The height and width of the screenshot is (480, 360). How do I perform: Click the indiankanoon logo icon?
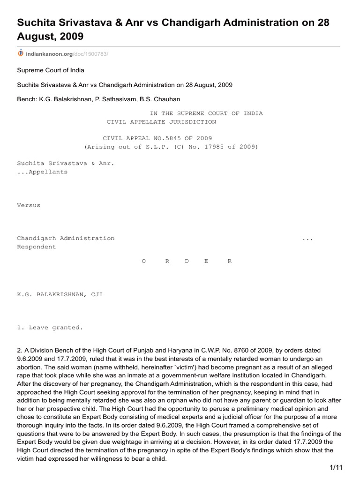click(x=20, y=54)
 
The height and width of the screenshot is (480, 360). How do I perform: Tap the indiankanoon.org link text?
click(x=49, y=54)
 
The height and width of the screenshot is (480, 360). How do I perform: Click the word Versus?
click(x=29, y=205)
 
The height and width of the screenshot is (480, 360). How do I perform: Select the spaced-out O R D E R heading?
click(x=187, y=261)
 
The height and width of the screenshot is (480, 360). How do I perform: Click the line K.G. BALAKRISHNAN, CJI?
click(x=60, y=294)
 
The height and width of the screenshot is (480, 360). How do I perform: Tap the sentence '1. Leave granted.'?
click(x=50, y=328)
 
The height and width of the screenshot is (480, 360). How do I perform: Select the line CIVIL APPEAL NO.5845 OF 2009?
click(x=157, y=138)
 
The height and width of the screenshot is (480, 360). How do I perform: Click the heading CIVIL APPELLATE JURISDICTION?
click(x=161, y=122)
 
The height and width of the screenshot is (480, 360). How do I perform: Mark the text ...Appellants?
click(x=42, y=172)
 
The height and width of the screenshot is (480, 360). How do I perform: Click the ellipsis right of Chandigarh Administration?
click(x=307, y=239)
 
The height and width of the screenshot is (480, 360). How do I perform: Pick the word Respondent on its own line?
click(x=37, y=247)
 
